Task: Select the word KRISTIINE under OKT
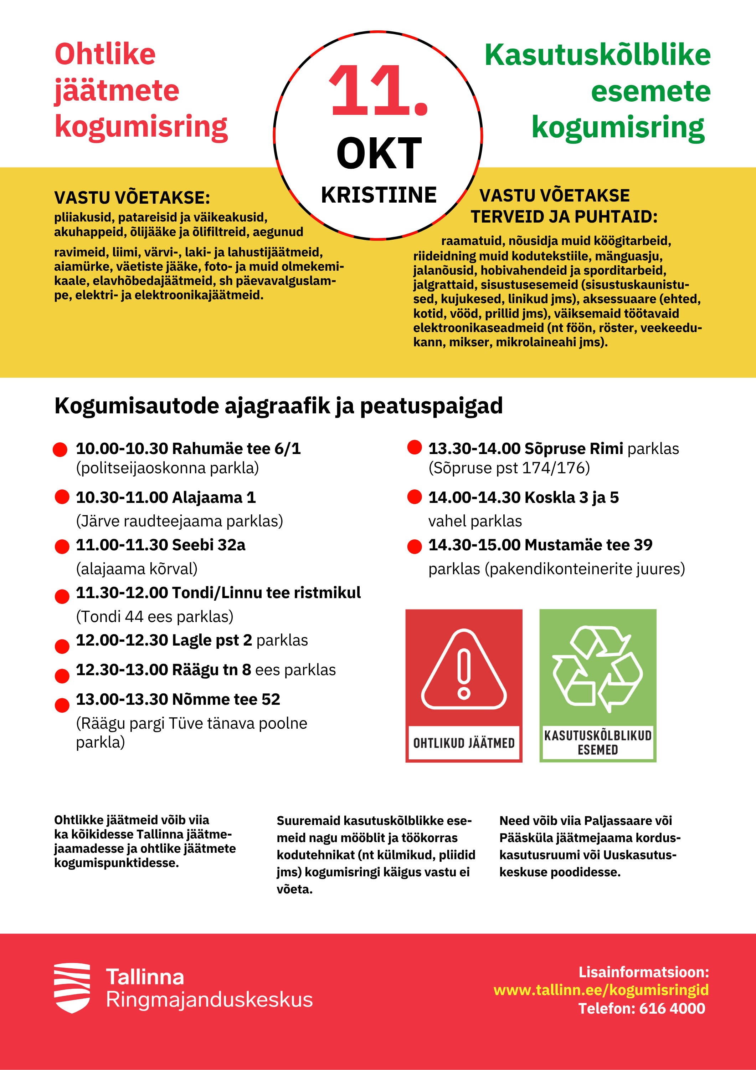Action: pos(379,195)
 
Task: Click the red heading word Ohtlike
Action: pos(105,54)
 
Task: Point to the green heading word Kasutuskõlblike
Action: pos(598,55)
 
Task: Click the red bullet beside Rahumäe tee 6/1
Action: pos(60,450)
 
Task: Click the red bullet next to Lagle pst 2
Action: pos(62,646)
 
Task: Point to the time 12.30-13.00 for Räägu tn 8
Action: pos(122,670)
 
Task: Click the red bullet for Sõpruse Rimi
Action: pos(415,447)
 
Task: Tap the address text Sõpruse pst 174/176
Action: pos(509,468)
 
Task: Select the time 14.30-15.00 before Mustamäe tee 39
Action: pos(474,545)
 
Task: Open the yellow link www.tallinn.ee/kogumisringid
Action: pos(601,990)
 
